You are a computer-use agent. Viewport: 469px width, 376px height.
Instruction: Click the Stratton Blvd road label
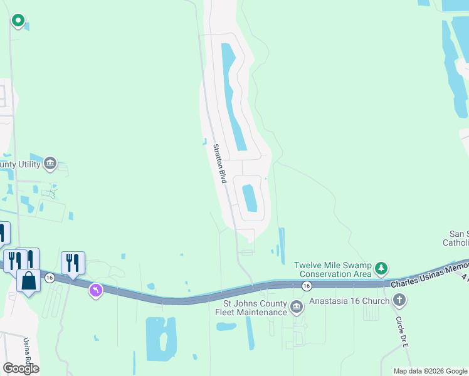tap(219, 164)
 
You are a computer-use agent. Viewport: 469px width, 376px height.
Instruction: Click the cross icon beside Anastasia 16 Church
tap(399, 300)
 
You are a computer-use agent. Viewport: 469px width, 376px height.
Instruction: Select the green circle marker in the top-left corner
tap(18, 21)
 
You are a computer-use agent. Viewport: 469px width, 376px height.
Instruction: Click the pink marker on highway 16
tap(95, 290)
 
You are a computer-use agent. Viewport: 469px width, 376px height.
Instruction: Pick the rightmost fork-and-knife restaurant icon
tap(73, 263)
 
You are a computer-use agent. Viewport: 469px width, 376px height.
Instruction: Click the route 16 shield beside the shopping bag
tap(50, 277)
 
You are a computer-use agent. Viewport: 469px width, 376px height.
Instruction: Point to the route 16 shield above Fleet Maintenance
tap(306, 286)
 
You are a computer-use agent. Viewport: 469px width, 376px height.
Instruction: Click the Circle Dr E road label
tap(402, 332)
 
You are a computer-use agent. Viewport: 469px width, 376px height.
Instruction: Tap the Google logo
tap(21, 368)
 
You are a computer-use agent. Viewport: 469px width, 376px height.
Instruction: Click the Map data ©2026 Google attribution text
tap(430, 371)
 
